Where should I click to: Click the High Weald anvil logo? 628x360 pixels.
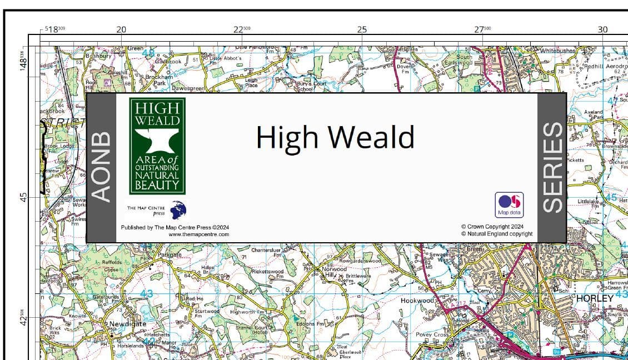click(157, 146)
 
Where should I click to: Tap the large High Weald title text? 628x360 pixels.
click(335, 137)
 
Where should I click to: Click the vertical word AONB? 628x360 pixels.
click(101, 166)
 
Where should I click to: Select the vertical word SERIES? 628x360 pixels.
click(552, 167)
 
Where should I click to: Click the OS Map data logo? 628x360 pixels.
click(509, 204)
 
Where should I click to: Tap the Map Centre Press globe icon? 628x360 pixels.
click(178, 210)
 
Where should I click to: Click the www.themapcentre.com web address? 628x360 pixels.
click(198, 234)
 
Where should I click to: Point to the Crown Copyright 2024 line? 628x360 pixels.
click(492, 227)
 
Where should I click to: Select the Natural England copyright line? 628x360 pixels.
click(496, 234)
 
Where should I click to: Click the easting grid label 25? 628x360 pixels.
click(362, 29)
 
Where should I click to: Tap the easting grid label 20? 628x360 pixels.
click(121, 29)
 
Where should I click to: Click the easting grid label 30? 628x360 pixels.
click(602, 29)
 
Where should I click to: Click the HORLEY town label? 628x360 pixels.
click(595, 298)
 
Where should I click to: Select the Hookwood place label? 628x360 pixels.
click(417, 301)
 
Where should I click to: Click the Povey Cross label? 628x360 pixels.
click(432, 335)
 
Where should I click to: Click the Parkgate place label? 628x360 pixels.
click(169, 254)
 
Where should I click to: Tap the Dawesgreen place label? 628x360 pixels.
click(188, 88)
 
